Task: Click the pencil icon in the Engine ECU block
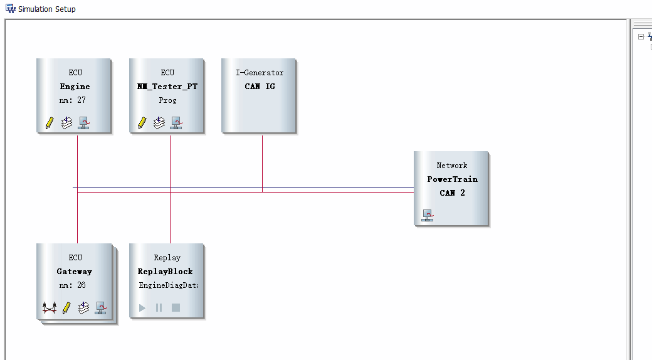(x=50, y=123)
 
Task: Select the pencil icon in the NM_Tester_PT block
(x=142, y=123)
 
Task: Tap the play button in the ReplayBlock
(x=142, y=307)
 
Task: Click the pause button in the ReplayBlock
(x=159, y=307)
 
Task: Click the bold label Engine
(x=75, y=87)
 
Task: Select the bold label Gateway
(x=75, y=272)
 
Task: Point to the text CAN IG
(x=260, y=86)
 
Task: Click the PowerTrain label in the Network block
(x=453, y=179)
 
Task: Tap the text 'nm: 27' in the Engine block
(x=72, y=100)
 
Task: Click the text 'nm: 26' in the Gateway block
(x=72, y=285)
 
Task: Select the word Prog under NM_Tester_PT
(x=167, y=100)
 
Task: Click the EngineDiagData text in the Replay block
(x=169, y=285)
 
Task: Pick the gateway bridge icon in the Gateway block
(x=50, y=308)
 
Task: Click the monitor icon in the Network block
(x=428, y=215)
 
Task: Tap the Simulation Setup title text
(x=47, y=9)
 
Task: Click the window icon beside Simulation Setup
(x=11, y=8)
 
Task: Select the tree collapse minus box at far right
(x=641, y=36)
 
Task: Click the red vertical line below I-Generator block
(x=263, y=164)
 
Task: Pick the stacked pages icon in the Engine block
(x=66, y=123)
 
